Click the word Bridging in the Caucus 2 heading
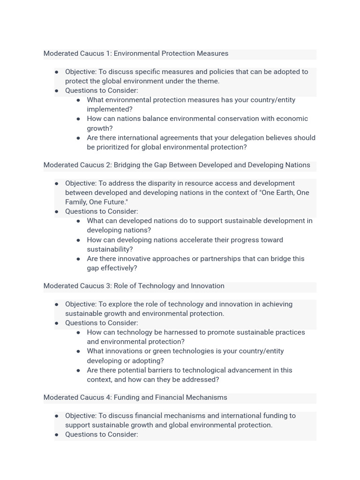(127, 165)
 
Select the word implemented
(110, 109)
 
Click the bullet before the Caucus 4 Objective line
(57, 416)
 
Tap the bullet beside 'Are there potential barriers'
(78, 370)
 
